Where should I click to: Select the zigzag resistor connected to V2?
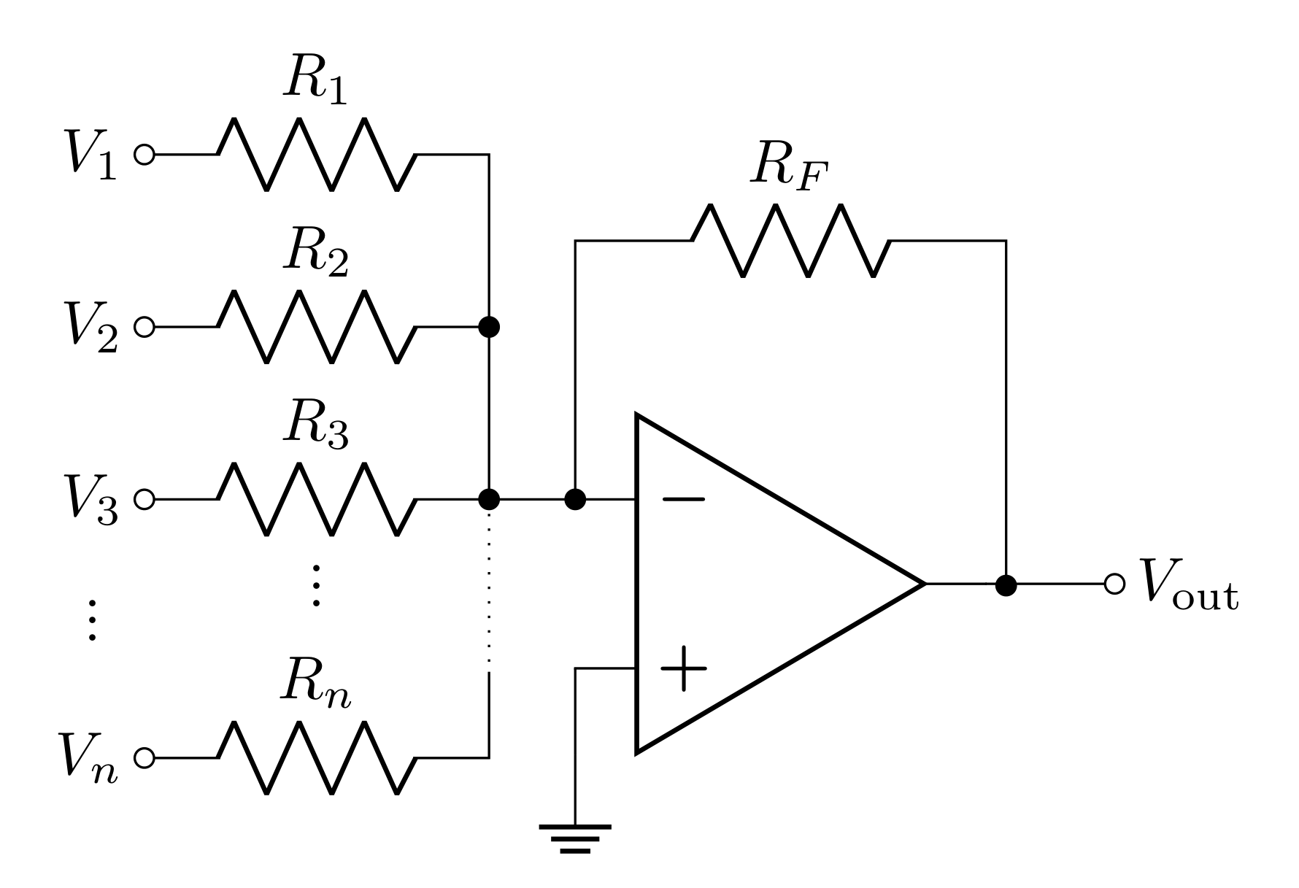click(x=317, y=327)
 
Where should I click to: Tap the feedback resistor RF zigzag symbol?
click(x=790, y=240)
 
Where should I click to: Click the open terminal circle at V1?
click(x=144, y=155)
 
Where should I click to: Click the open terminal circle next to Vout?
click(x=1114, y=584)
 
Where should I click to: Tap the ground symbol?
click(x=575, y=838)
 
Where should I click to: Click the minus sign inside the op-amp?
click(x=683, y=500)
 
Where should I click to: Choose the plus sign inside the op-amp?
click(x=683, y=668)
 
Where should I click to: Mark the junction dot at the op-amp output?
click(x=1006, y=584)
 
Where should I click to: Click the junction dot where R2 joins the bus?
click(x=489, y=327)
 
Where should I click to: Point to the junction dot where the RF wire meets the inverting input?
click(x=575, y=500)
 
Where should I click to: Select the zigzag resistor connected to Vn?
click(x=317, y=757)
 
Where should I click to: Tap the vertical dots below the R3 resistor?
click(x=316, y=585)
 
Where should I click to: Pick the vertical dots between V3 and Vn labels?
click(x=92, y=620)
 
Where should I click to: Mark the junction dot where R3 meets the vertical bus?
click(x=489, y=500)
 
